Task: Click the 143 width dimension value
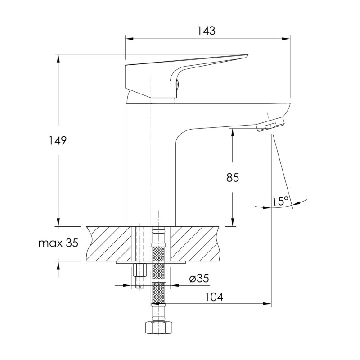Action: tap(207, 31)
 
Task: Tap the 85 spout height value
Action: tap(232, 178)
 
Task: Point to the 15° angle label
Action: tap(280, 202)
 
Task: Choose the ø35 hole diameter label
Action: tap(199, 279)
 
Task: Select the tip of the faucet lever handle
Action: tap(245, 56)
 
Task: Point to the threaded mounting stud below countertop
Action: tap(139, 274)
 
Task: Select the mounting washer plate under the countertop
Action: tap(151, 261)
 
